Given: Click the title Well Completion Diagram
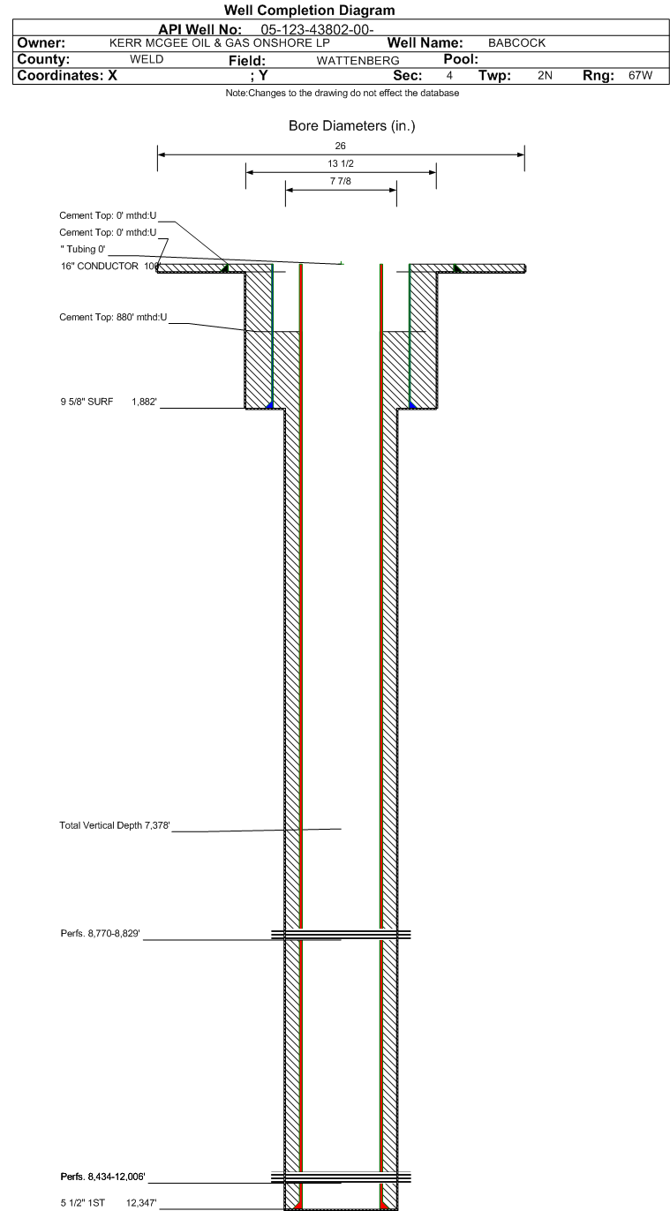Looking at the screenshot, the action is click(x=309, y=11).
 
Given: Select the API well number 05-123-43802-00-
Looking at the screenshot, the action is click(x=317, y=30).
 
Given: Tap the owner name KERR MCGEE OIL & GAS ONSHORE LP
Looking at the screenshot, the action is click(x=220, y=43).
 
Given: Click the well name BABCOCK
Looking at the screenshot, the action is click(x=516, y=43).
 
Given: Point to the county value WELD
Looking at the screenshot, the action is click(x=147, y=59).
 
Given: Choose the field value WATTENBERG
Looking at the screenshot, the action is click(x=358, y=61).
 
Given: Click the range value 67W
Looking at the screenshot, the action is click(x=640, y=76).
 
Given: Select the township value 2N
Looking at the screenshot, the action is click(x=545, y=76).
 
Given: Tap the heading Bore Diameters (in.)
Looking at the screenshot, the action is click(x=351, y=126).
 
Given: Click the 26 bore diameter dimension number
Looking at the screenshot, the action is click(x=340, y=146).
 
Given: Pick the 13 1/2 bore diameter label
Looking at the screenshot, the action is click(x=341, y=164).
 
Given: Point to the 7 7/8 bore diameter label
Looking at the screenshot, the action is click(x=341, y=181).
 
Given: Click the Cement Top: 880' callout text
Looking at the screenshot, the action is click(x=113, y=318).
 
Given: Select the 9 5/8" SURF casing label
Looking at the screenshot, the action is click(x=109, y=402).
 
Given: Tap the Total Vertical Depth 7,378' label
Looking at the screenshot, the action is click(x=115, y=825).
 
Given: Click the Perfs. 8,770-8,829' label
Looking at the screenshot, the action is click(x=100, y=934).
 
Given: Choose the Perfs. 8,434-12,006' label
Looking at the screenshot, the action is click(x=102, y=1177).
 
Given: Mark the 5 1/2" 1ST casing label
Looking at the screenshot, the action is click(x=109, y=1203).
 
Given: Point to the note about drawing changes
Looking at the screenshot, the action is click(x=343, y=93).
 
